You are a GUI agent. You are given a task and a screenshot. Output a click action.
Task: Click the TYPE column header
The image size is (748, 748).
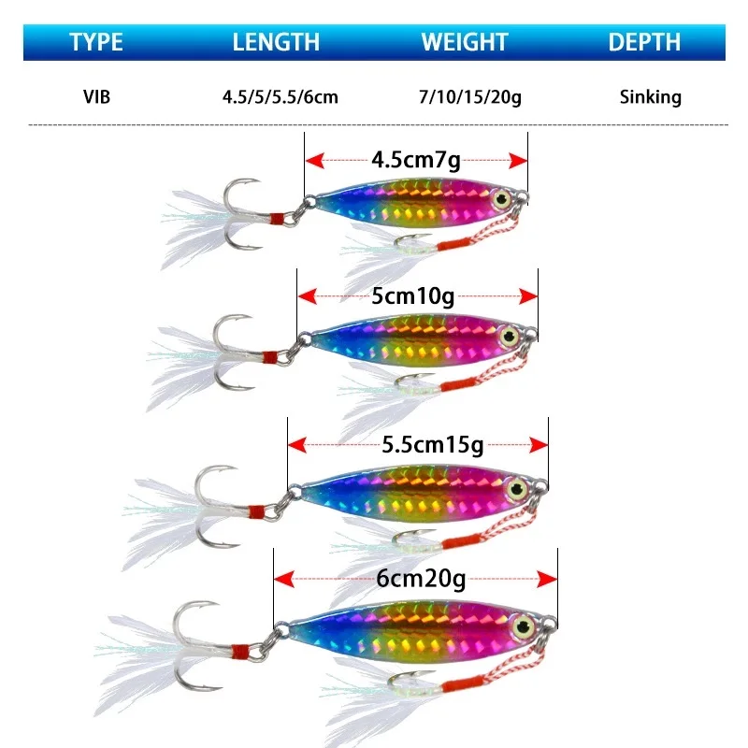(x=97, y=42)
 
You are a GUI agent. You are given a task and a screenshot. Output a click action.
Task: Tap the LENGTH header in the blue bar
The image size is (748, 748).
(x=276, y=42)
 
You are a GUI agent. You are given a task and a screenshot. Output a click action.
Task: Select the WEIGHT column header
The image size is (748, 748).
(x=465, y=42)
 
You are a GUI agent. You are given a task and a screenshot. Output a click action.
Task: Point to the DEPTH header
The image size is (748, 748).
(x=644, y=42)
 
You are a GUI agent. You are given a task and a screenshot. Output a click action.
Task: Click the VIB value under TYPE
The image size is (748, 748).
(x=96, y=96)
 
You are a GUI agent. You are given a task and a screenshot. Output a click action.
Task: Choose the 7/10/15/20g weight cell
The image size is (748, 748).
(x=470, y=96)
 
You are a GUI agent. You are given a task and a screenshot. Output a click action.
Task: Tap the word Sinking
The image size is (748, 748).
(x=650, y=96)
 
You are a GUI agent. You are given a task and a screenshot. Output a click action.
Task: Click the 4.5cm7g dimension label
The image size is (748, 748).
(x=416, y=160)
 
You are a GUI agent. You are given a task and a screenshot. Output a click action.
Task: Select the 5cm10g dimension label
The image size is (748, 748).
(x=413, y=296)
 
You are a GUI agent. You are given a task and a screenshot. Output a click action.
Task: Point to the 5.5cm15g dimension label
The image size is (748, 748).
(x=421, y=443)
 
